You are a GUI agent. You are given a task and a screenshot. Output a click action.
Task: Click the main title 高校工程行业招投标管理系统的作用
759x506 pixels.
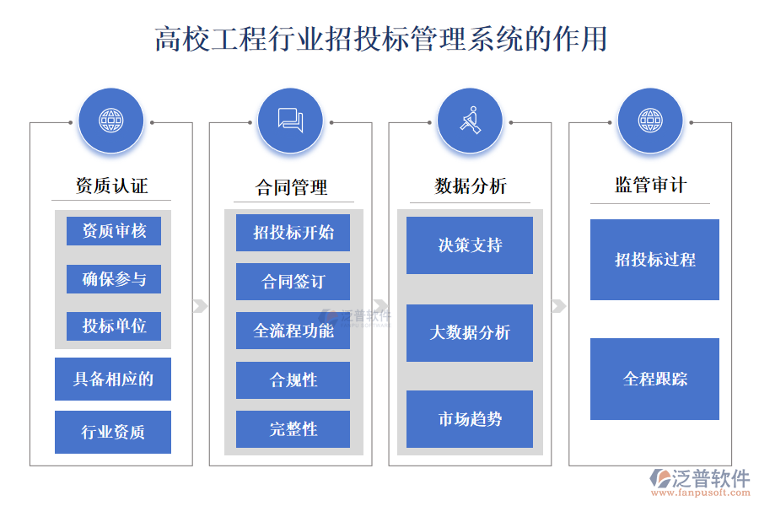tap(379, 39)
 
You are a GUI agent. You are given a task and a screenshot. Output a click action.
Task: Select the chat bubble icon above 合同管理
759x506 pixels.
tap(290, 121)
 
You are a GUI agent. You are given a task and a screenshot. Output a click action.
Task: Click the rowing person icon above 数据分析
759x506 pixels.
tap(471, 121)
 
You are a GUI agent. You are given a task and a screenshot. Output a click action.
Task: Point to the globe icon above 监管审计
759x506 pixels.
tap(649, 121)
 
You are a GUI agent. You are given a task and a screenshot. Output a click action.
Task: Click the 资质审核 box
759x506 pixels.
tap(114, 231)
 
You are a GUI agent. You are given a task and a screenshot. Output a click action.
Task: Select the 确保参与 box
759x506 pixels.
tap(114, 279)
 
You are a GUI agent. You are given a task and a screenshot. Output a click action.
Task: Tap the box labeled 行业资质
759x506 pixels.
tap(113, 432)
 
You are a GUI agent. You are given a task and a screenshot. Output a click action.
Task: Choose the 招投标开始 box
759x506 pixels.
tap(293, 233)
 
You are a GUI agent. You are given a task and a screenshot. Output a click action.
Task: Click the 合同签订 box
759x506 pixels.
tap(293, 282)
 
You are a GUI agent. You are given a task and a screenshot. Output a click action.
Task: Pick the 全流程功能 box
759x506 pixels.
tap(293, 331)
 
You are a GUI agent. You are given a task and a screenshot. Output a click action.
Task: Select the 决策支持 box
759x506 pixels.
tap(470, 245)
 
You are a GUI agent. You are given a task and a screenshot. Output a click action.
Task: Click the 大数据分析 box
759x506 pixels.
tap(470, 333)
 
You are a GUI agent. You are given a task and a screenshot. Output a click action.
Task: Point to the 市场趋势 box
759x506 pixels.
tap(470, 419)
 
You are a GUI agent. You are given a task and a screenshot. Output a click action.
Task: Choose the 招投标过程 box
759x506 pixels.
tap(654, 260)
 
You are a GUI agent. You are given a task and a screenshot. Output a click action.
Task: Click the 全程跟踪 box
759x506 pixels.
tap(654, 379)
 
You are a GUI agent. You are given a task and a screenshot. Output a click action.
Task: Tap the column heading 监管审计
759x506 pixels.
tap(649, 186)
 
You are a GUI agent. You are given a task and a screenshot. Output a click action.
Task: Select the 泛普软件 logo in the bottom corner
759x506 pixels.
tap(699, 481)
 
